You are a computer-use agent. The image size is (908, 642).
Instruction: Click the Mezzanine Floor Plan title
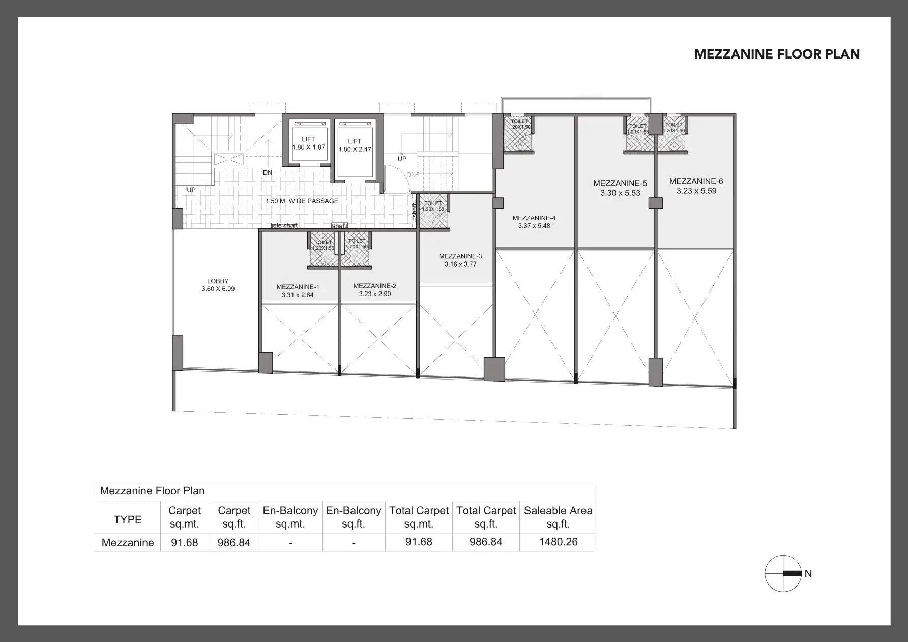pyautogui.click(x=777, y=54)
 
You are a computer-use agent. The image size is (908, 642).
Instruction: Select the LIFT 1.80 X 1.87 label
pyautogui.click(x=308, y=143)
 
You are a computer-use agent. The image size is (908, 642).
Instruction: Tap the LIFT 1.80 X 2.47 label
pyautogui.click(x=355, y=145)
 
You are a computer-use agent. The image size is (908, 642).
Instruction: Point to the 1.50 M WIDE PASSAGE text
pyautogui.click(x=302, y=201)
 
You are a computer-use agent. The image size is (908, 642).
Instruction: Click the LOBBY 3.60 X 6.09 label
pyautogui.click(x=218, y=285)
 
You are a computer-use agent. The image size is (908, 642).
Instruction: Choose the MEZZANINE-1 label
pyautogui.click(x=298, y=290)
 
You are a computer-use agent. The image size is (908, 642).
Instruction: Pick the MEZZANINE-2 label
pyautogui.click(x=374, y=290)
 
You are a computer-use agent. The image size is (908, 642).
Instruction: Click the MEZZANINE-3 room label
pyautogui.click(x=460, y=260)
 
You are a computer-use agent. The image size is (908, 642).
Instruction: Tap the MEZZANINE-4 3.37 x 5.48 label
pyautogui.click(x=534, y=222)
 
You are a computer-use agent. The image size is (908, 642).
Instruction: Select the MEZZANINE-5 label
pyautogui.click(x=620, y=188)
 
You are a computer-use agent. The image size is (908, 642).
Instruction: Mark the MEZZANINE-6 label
pyautogui.click(x=696, y=186)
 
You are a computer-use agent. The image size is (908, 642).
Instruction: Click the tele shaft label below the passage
pyautogui.click(x=284, y=225)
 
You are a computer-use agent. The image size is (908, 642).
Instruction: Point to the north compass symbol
pyautogui.click(x=783, y=573)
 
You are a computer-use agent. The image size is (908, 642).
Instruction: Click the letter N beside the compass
pyautogui.click(x=808, y=574)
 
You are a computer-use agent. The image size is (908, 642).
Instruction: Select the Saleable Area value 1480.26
pyautogui.click(x=558, y=542)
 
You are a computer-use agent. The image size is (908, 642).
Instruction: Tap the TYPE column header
pyautogui.click(x=128, y=519)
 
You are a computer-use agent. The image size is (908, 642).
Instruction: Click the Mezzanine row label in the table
pyautogui.click(x=128, y=542)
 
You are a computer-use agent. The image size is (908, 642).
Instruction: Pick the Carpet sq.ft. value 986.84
pyautogui.click(x=234, y=542)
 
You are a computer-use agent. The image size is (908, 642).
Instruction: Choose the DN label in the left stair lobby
pyautogui.click(x=268, y=173)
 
